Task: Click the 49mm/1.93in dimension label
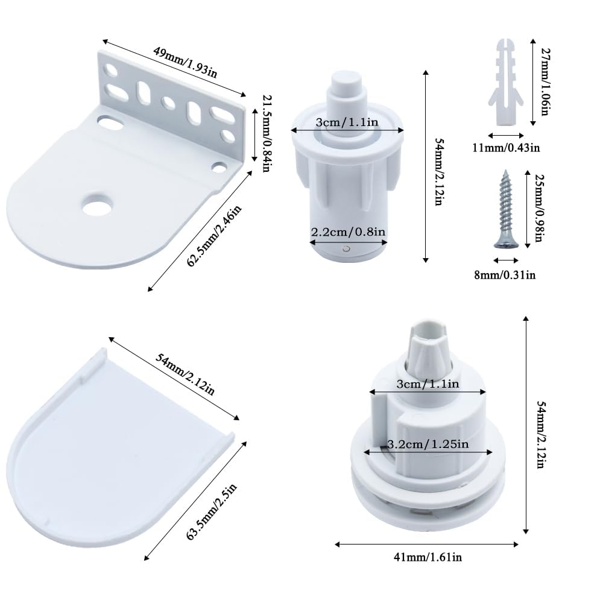(185, 63)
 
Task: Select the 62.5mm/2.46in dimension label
(214, 236)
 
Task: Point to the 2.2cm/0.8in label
(348, 232)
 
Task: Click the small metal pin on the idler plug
(347, 249)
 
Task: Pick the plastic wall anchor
(505, 82)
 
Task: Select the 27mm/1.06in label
(546, 82)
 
